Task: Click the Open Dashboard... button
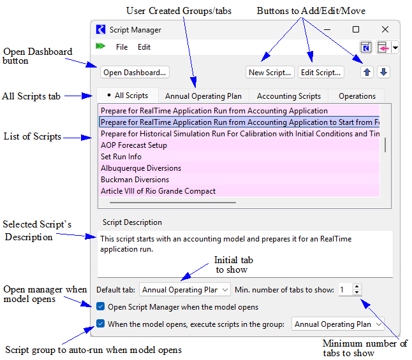click(x=135, y=73)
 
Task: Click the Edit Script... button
click(x=321, y=73)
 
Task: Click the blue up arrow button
click(x=367, y=73)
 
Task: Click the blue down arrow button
click(x=383, y=73)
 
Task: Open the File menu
click(x=122, y=47)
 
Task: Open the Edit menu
click(x=144, y=47)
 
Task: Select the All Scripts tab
click(x=128, y=96)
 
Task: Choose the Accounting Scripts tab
click(x=288, y=96)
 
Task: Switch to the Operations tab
click(x=357, y=96)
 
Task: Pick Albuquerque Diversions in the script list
click(x=141, y=168)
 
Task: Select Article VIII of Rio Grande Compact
click(x=158, y=191)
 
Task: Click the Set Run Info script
click(x=121, y=157)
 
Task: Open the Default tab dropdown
click(x=185, y=290)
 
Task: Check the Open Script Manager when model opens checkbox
click(x=101, y=306)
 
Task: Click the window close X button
click(x=385, y=29)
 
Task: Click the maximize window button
click(x=356, y=29)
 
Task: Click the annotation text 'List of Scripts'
click(x=33, y=136)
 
